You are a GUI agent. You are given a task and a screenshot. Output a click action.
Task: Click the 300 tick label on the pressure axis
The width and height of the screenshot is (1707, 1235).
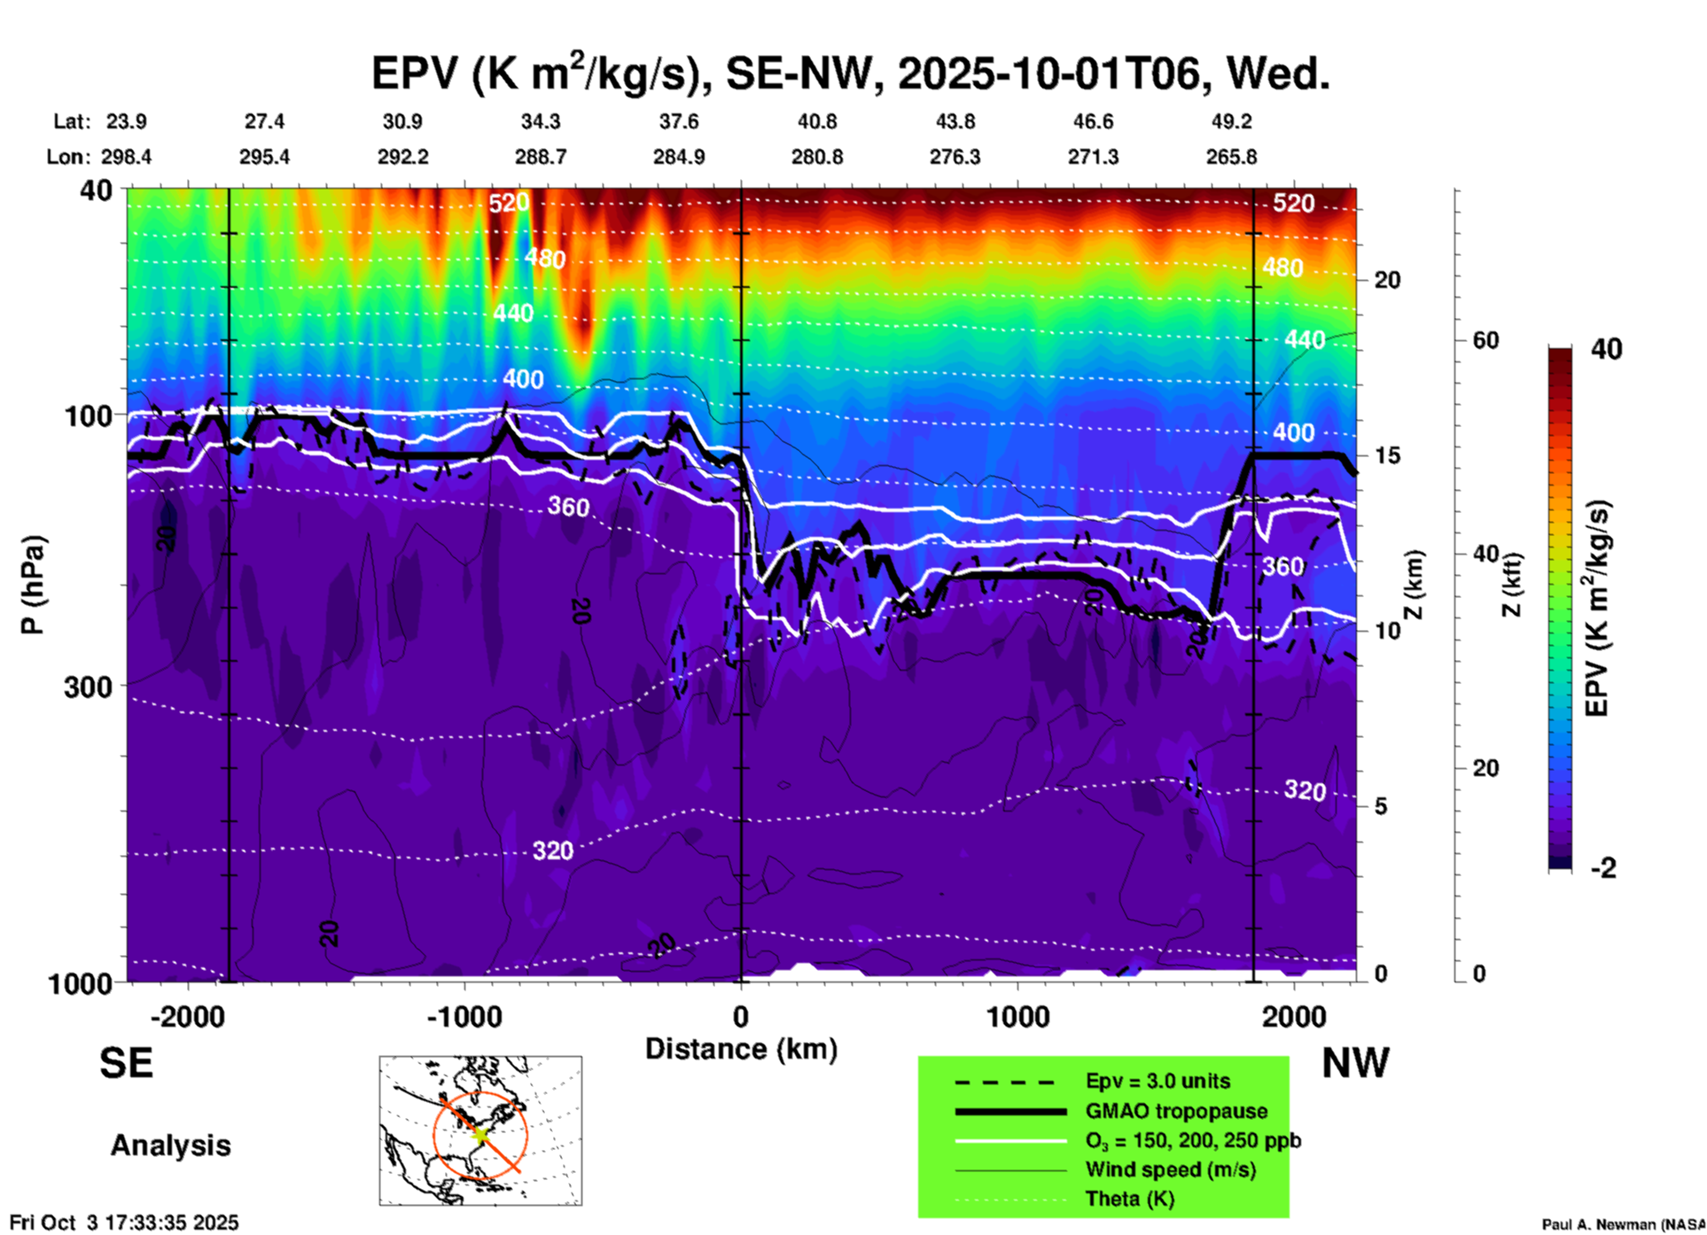pos(88,687)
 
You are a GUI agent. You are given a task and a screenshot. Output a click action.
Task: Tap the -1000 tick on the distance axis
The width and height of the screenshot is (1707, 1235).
pos(464,1017)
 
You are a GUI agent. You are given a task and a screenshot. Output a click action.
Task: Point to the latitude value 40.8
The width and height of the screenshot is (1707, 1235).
pos(817,121)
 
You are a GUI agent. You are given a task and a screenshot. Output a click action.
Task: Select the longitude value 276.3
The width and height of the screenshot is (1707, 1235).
pos(955,157)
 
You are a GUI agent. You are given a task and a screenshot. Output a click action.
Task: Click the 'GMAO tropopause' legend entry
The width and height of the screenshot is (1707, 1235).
pos(1176,1111)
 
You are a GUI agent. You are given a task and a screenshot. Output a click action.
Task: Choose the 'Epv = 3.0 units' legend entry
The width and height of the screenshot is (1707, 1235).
pos(1157,1081)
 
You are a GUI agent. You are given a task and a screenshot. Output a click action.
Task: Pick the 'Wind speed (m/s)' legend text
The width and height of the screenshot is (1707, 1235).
pos(1170,1169)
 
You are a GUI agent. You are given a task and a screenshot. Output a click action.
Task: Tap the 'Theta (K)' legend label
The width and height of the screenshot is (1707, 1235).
pos(1129,1199)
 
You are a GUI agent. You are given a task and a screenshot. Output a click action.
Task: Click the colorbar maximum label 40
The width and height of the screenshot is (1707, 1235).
pos(1606,349)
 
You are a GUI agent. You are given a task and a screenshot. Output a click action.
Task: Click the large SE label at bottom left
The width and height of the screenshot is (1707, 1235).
pos(126,1063)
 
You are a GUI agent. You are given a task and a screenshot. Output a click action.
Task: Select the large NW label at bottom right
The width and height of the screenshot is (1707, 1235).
pos(1355,1063)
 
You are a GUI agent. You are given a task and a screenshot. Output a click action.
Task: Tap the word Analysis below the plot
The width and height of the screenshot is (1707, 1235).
pos(170,1146)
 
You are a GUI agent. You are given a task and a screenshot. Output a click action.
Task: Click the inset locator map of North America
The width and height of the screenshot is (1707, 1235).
pos(480,1130)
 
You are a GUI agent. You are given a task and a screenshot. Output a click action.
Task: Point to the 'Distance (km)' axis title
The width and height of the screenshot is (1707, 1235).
pos(741,1049)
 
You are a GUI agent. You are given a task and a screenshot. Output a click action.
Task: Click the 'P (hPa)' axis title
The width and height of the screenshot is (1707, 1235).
pos(33,585)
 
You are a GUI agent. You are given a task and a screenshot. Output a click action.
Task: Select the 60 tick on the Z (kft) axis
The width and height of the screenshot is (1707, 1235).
pos(1485,340)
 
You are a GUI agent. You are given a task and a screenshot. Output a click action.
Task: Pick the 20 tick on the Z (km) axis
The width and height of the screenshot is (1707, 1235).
pos(1387,280)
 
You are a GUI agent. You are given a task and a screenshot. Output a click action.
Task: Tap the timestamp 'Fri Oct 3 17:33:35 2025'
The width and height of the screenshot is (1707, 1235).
pos(124,1223)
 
